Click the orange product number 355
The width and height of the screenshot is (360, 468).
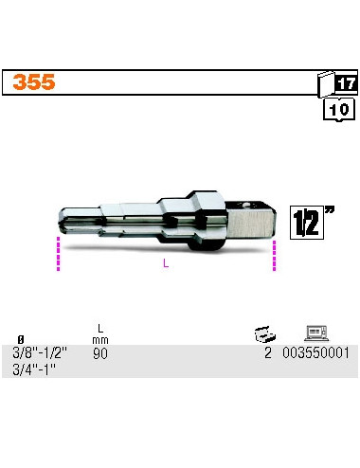pos(33,83)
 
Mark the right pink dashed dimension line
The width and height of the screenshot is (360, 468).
pos(275,255)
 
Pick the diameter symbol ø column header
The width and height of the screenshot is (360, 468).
pos(21,339)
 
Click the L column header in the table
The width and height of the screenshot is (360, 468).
pos(99,329)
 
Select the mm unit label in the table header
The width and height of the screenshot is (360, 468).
pos(99,339)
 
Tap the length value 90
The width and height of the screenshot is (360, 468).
pos(99,353)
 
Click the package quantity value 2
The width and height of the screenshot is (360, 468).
pos(268,353)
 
